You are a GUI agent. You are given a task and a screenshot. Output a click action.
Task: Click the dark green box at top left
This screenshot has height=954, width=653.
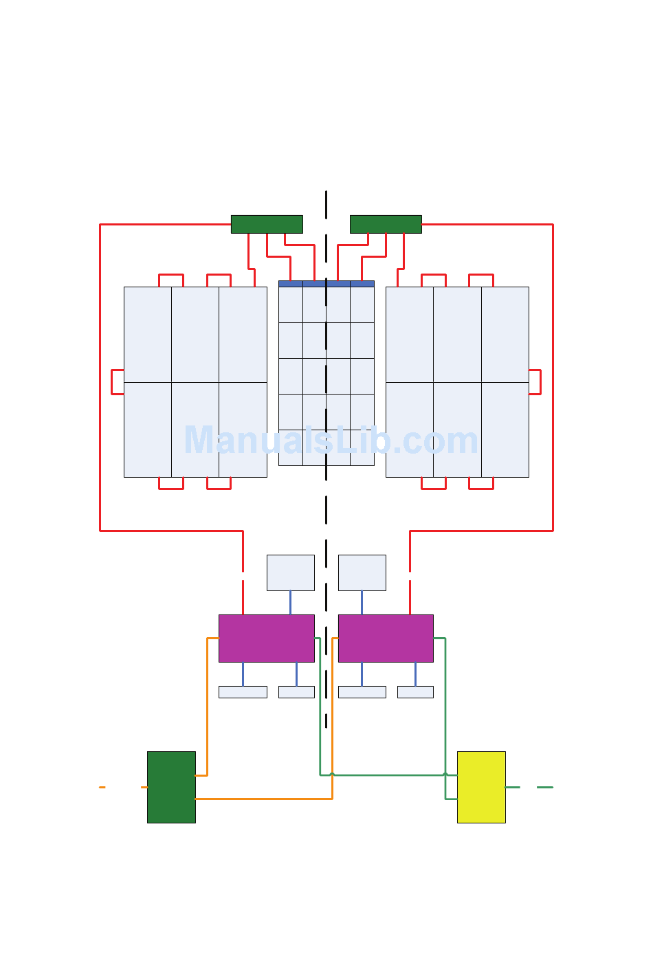(x=267, y=224)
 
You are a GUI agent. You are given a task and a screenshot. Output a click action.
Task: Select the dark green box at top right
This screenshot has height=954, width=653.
(x=386, y=224)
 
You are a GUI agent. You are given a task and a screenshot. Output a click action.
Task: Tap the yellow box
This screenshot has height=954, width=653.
(x=481, y=787)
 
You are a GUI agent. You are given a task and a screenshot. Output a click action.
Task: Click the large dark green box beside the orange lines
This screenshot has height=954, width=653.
(x=171, y=787)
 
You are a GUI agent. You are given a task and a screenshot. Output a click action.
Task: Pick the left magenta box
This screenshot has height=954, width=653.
(x=267, y=639)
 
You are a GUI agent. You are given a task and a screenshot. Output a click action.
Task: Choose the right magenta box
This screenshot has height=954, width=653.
(x=386, y=639)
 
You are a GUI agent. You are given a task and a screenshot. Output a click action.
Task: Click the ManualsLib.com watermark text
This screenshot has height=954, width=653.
(x=331, y=441)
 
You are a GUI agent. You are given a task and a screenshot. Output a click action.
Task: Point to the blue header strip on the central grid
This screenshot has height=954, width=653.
(x=326, y=284)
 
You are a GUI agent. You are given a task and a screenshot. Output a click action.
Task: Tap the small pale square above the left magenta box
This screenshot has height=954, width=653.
(x=291, y=573)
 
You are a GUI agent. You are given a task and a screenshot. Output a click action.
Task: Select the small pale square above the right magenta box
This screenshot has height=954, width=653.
(x=362, y=573)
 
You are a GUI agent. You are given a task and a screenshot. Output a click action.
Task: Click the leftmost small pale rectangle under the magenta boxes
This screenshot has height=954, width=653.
(x=243, y=692)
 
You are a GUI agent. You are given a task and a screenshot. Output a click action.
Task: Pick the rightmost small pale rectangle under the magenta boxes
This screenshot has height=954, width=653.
(x=415, y=692)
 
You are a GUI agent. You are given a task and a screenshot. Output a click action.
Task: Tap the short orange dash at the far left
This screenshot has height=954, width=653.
(x=102, y=787)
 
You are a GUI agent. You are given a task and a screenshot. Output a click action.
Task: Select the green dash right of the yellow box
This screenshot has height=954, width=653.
(x=544, y=787)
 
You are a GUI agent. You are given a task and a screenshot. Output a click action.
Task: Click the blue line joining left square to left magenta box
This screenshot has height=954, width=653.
(x=290, y=603)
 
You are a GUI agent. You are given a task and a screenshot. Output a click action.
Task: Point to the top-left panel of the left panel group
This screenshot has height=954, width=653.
(x=148, y=335)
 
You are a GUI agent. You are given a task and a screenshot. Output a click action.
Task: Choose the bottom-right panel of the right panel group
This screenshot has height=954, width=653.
(x=505, y=430)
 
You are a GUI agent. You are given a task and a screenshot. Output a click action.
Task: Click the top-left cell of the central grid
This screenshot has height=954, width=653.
(x=291, y=304)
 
